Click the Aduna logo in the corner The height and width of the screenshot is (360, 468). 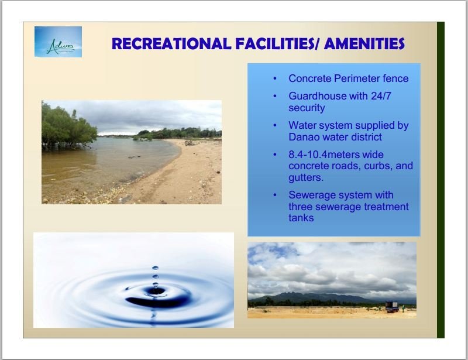58,42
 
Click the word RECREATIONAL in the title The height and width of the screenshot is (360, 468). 171,44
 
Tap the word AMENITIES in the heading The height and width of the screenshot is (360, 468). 364,44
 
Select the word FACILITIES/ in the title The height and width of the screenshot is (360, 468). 277,44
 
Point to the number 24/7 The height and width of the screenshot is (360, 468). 381,96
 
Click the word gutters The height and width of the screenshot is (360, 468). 306,178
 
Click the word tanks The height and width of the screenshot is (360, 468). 301,218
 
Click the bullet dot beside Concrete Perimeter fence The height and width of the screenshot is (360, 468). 275,78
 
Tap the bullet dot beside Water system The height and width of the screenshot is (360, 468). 275,125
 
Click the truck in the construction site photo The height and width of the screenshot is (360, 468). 392,307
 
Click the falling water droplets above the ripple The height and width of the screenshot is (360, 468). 155,276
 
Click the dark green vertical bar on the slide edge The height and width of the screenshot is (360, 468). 441,180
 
